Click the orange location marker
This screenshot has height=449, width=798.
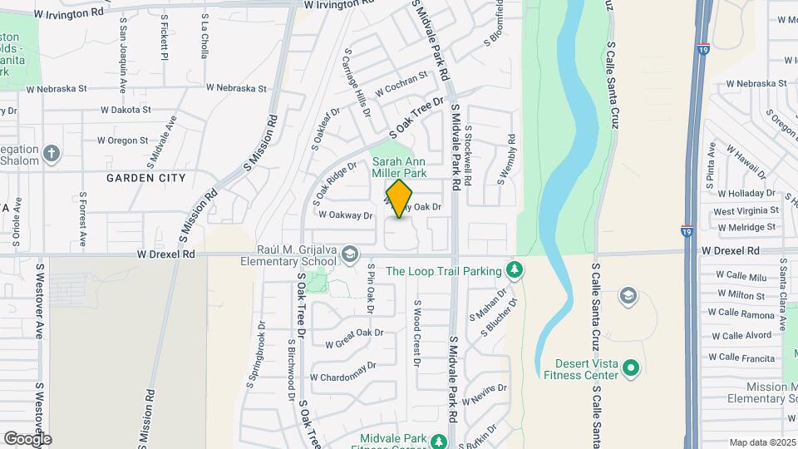pyautogui.click(x=400, y=199)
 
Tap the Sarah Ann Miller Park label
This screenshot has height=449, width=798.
pyautogui.click(x=399, y=167)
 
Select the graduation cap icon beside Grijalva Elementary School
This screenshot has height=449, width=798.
pyautogui.click(x=350, y=253)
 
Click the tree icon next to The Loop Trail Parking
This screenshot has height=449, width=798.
pyautogui.click(x=515, y=270)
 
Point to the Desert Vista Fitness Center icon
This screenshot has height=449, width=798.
pyautogui.click(x=630, y=368)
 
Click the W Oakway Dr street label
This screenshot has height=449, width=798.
pyautogui.click(x=344, y=215)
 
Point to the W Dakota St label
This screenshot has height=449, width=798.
pyautogui.click(x=125, y=110)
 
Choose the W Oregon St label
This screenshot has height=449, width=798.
pyautogui.click(x=122, y=141)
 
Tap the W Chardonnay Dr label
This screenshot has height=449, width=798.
pyautogui.click(x=342, y=371)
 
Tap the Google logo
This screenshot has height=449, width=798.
pyautogui.click(x=27, y=439)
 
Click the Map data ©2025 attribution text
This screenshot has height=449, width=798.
pyautogui.click(x=761, y=442)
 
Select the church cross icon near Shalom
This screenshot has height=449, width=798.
pyautogui.click(x=52, y=154)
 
